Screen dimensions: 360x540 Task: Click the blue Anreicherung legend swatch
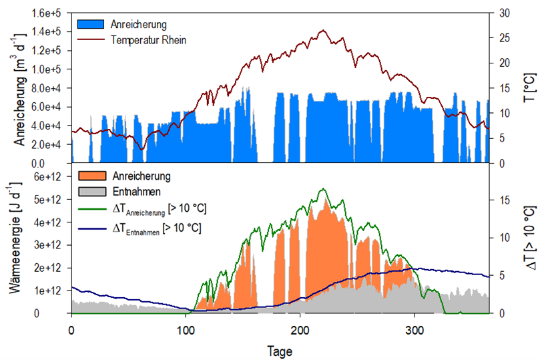91,24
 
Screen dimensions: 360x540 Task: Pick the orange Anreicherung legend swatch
91,176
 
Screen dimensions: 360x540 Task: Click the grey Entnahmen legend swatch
91,192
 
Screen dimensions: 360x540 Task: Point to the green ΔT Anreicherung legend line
91,210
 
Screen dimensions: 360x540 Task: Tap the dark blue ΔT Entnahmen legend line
91,228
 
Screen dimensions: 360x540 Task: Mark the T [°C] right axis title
528,88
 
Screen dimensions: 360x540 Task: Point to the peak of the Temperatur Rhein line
323,30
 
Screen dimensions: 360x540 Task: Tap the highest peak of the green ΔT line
323,189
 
